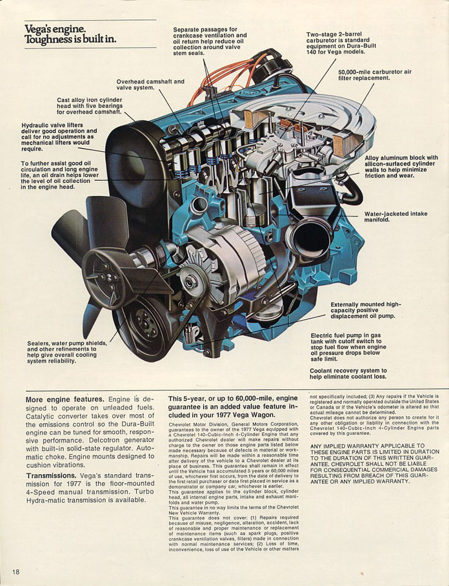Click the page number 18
pos(15,572)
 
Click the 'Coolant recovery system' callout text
pos(365,373)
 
